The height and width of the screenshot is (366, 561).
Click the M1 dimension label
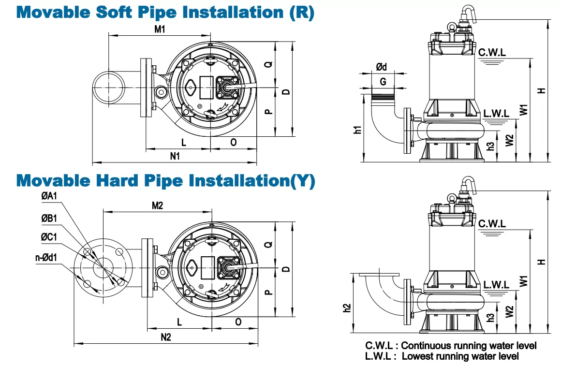click(160, 29)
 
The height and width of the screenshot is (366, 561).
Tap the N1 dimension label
click(175, 156)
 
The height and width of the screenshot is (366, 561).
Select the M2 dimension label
click(158, 205)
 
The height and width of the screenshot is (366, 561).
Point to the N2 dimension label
click(166, 337)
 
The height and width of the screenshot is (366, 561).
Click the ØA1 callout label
click(49, 196)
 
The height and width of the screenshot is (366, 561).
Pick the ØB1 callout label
click(49, 218)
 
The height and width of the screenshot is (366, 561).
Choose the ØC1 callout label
click(49, 237)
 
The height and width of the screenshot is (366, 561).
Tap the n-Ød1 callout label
click(46, 257)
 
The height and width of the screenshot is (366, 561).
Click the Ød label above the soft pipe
click(382, 67)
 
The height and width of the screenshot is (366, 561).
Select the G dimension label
click(383, 82)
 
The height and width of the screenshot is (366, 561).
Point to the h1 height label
click(357, 130)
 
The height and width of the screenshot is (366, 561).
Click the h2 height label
click(347, 308)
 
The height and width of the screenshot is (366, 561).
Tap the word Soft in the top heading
click(115, 12)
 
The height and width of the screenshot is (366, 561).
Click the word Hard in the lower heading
click(117, 180)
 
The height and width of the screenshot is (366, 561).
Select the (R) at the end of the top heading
click(301, 13)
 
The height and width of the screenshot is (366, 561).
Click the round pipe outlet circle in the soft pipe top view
click(109, 88)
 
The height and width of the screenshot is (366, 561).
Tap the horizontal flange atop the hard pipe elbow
click(379, 275)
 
